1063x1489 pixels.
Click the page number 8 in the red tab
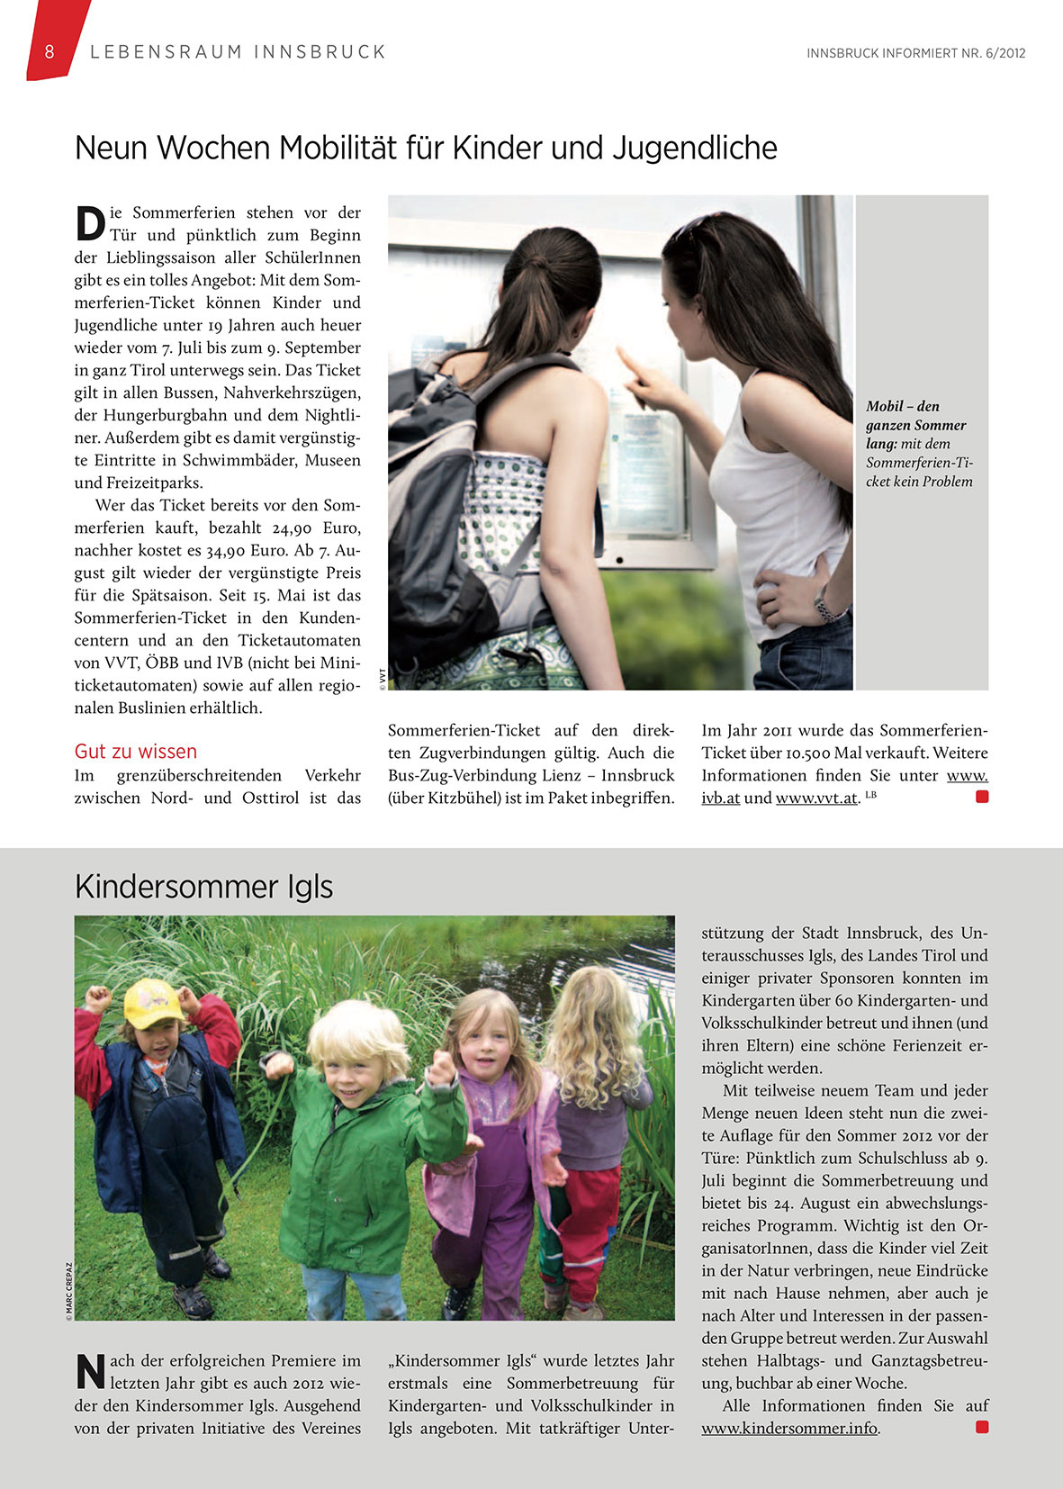(50, 51)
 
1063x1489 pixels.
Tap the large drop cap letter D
(90, 223)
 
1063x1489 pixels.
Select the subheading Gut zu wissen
(136, 752)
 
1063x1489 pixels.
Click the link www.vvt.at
(816, 798)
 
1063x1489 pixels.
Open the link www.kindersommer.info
(789, 1428)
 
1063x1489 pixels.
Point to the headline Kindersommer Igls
(204, 887)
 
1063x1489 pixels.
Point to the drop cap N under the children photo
(90, 1371)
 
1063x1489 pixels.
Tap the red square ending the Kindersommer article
(982, 1427)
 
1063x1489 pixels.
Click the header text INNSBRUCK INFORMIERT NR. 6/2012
(915, 53)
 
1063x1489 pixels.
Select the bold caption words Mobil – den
(902, 406)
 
